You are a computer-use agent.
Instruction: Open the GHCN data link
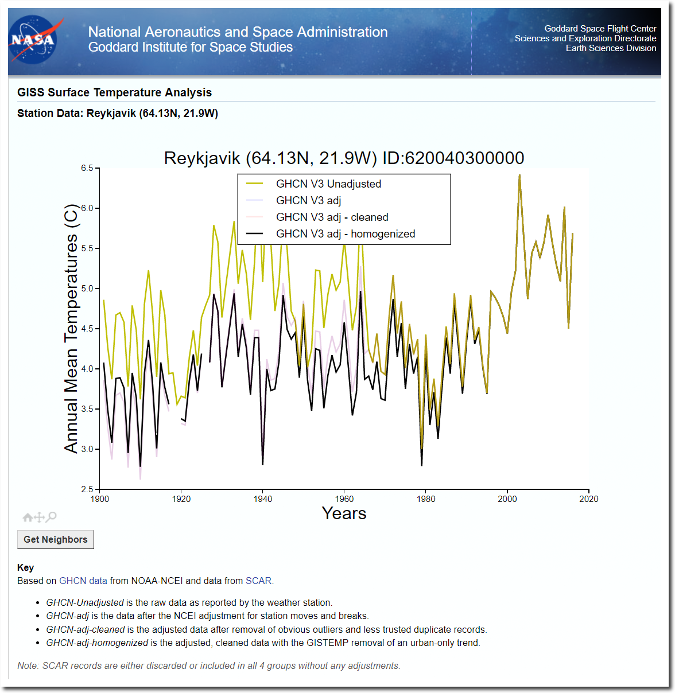pyautogui.click(x=83, y=581)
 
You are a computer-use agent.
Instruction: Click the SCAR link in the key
pyautogui.click(x=258, y=581)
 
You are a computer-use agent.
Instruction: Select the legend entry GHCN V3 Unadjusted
pyautogui.click(x=328, y=184)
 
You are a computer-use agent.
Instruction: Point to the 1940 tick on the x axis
pyautogui.click(x=263, y=491)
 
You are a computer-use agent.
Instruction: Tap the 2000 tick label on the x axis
pyautogui.click(x=507, y=499)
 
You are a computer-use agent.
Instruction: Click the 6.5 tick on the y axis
pyautogui.click(x=98, y=168)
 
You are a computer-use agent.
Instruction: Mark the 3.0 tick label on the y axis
pyautogui.click(x=87, y=449)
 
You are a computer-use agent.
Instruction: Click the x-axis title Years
pyautogui.click(x=344, y=513)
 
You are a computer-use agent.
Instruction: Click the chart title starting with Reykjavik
pyautogui.click(x=344, y=158)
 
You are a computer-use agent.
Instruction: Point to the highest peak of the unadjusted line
pyautogui.click(x=519, y=175)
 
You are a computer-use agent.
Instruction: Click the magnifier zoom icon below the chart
pyautogui.click(x=51, y=517)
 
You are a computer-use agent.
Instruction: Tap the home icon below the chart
pyautogui.click(x=28, y=517)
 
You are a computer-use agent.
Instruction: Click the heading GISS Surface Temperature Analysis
pyautogui.click(x=114, y=92)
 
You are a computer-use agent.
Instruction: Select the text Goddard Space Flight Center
pyautogui.click(x=600, y=29)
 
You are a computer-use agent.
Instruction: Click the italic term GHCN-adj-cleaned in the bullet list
pyautogui.click(x=85, y=630)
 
